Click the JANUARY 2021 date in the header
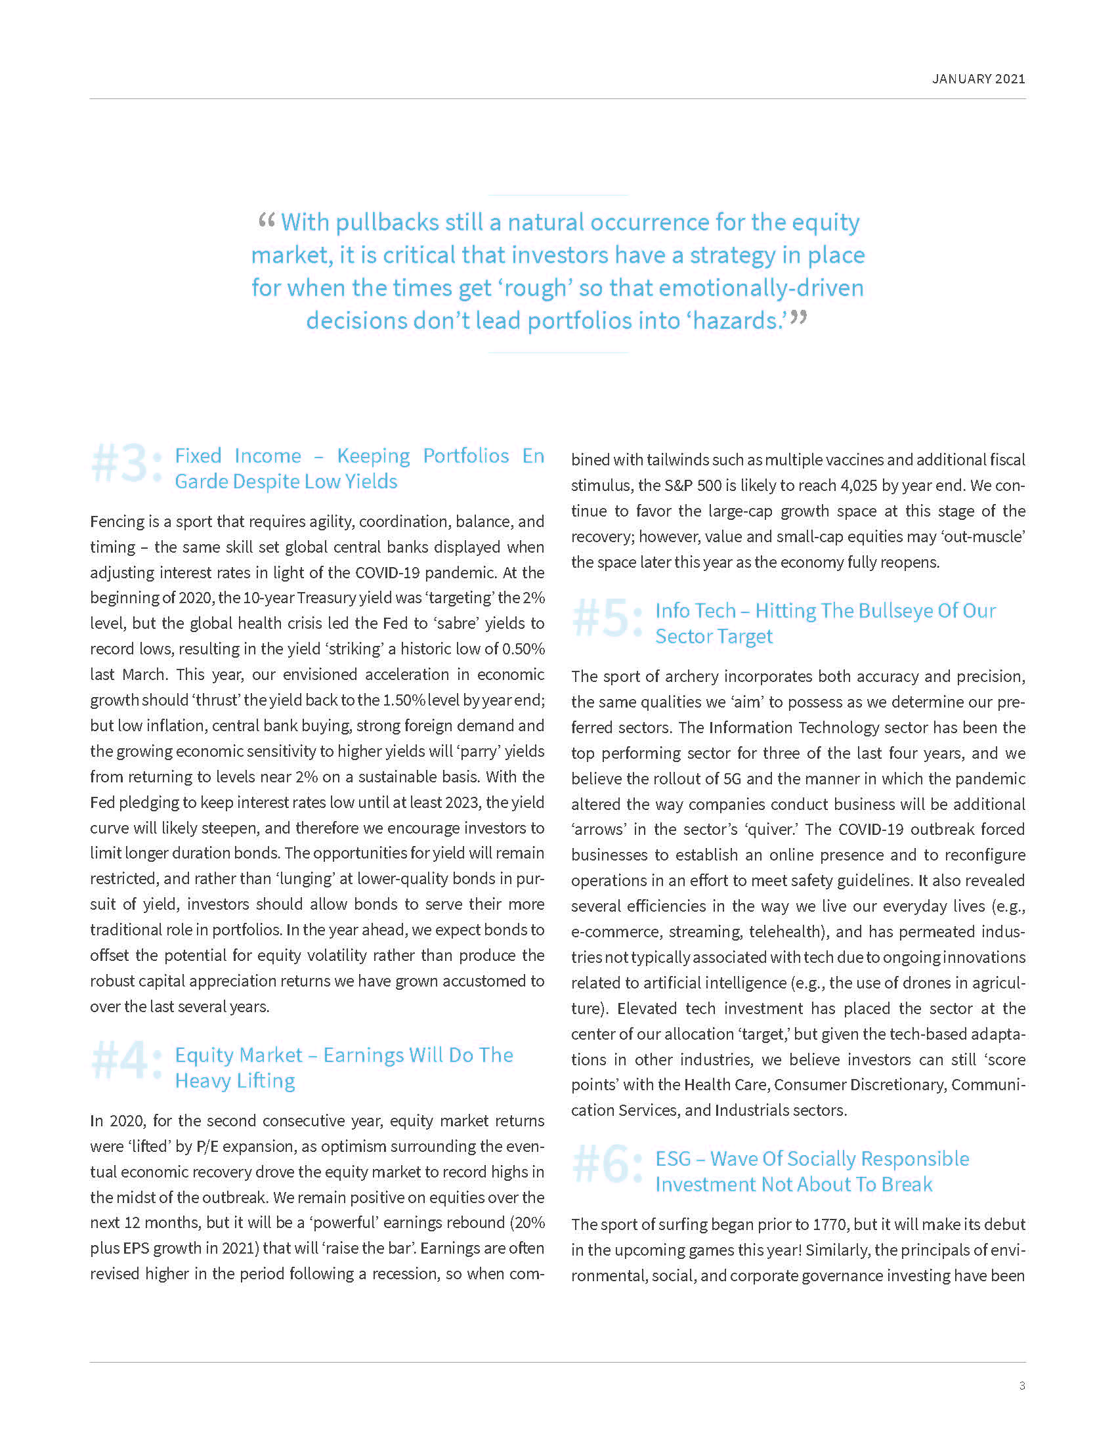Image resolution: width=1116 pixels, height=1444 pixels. coord(978,79)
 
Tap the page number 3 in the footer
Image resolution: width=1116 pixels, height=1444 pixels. coord(1021,1386)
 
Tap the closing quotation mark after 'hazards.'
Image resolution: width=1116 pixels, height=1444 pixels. coord(799,319)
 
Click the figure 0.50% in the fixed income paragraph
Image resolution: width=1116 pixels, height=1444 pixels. coord(523,649)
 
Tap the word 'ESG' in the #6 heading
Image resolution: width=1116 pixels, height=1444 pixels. coord(673,1159)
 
